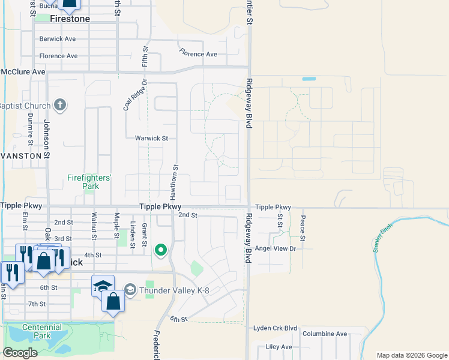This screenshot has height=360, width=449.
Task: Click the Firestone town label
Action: coord(70,19)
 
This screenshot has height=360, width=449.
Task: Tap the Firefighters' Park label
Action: coord(89,182)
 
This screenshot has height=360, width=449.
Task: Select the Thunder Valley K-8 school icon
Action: coord(130,290)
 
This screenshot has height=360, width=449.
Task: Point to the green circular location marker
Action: coord(160,250)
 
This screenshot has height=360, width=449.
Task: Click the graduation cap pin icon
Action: coord(103,286)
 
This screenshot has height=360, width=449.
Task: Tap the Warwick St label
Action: coord(155,138)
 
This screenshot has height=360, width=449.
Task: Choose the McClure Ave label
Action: coord(23,72)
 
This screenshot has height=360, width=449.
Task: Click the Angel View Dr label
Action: coord(276,248)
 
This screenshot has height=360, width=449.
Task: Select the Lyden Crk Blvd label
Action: coord(276,328)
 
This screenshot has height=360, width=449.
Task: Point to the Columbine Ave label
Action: coord(325,334)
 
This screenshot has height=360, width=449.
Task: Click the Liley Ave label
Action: coord(279,347)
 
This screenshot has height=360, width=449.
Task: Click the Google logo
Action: coord(20,353)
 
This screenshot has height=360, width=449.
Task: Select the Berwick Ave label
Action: coord(58,39)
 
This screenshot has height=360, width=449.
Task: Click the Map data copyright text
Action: coord(411,355)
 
